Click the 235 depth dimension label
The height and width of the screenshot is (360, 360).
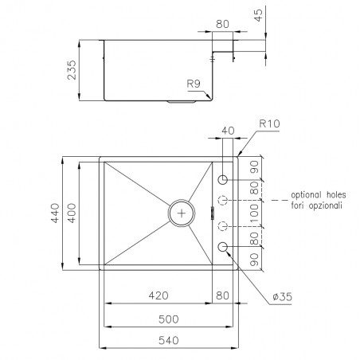tap(72, 70)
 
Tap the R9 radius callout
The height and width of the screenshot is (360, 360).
tap(194, 84)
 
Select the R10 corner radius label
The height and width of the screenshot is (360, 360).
tap(269, 123)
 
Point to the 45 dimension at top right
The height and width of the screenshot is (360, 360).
tap(258, 15)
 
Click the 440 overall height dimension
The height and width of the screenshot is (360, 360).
tap(55, 213)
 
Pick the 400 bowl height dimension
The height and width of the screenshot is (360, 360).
tap(72, 213)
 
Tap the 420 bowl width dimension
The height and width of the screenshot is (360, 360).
tap(158, 295)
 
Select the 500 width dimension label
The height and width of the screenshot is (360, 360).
tap(169, 319)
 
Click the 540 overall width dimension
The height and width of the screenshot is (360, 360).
tap(169, 340)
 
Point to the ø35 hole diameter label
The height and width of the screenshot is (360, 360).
tap(283, 296)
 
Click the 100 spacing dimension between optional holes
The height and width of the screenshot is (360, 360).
tap(254, 213)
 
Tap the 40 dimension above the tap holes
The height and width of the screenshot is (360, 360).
tap(228, 131)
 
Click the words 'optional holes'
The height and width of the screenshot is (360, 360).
tap(319, 195)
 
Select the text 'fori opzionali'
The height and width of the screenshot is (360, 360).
tap(317, 205)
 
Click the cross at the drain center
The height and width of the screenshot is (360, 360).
tap(182, 213)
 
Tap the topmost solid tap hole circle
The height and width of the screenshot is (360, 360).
tap(223, 180)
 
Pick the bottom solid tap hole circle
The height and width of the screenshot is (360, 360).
tap(223, 247)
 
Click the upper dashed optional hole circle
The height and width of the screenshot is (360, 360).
tap(223, 200)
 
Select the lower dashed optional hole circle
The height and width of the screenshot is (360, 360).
tap(223, 226)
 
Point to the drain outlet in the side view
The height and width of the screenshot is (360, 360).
tap(182, 101)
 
